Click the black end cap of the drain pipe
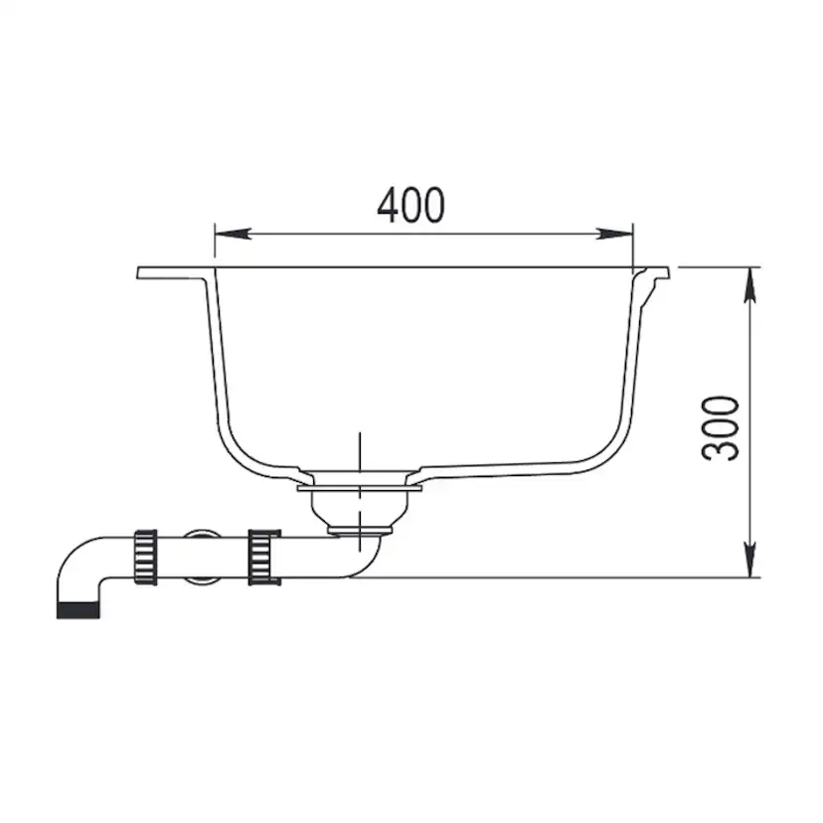pos(78,608)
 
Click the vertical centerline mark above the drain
pos(359,452)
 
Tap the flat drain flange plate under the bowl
pos(359,488)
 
